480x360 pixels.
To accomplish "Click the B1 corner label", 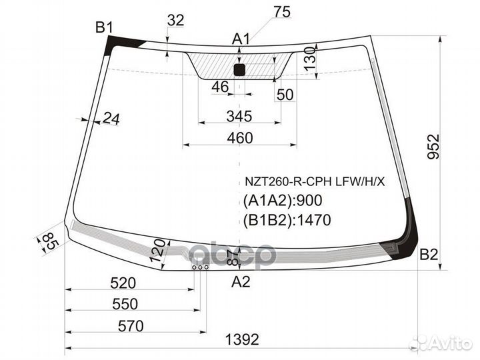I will [104, 27].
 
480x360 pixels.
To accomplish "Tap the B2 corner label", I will [429, 253].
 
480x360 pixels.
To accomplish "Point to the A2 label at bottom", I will [241, 282].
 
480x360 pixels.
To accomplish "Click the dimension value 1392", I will [241, 340].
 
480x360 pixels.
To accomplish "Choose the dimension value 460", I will [240, 138].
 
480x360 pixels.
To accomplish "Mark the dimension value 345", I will [239, 117].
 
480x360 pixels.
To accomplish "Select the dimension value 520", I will [122, 283].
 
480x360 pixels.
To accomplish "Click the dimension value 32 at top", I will [175, 21].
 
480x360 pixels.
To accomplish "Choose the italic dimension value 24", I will [110, 119].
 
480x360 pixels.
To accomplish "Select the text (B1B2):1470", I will [287, 219].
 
